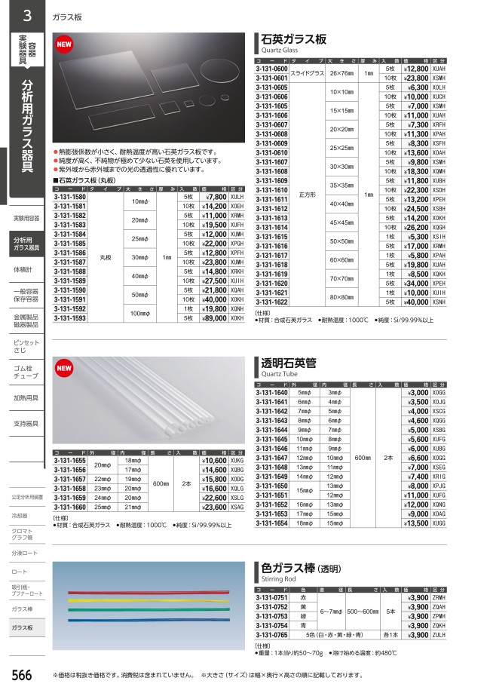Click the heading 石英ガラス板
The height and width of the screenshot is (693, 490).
293,38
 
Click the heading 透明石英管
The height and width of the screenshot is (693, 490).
288,362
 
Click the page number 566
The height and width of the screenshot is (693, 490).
21,676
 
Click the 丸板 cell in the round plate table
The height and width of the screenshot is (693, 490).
106,257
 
